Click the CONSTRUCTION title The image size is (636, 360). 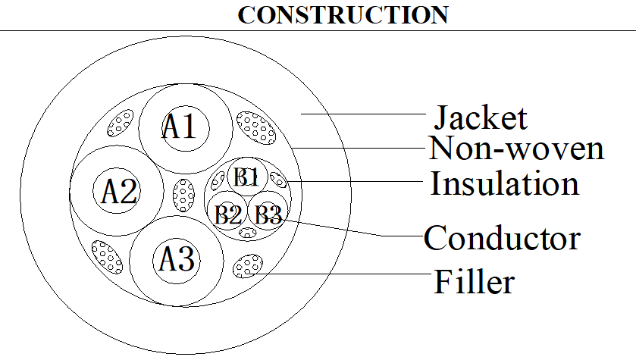[x=343, y=15]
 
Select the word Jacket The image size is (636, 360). [x=481, y=117]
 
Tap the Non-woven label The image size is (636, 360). [x=516, y=148]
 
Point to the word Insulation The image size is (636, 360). [x=504, y=183]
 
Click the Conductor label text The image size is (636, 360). [x=502, y=238]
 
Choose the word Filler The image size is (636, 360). [x=475, y=281]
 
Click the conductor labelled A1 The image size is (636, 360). [x=186, y=128]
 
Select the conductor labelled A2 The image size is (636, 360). [x=117, y=190]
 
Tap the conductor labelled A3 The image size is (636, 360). [x=177, y=260]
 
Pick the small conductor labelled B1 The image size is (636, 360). [x=247, y=177]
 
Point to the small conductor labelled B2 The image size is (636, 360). [x=227, y=214]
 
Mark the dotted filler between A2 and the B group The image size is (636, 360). [x=183, y=195]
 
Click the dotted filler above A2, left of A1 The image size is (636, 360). [x=120, y=123]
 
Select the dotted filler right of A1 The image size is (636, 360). [x=256, y=127]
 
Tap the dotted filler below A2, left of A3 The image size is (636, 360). [x=107, y=257]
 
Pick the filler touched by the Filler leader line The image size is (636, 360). [x=247, y=266]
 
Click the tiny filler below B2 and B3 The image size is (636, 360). [x=248, y=233]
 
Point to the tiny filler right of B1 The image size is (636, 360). [x=278, y=179]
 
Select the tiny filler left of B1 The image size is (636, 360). [x=218, y=181]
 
